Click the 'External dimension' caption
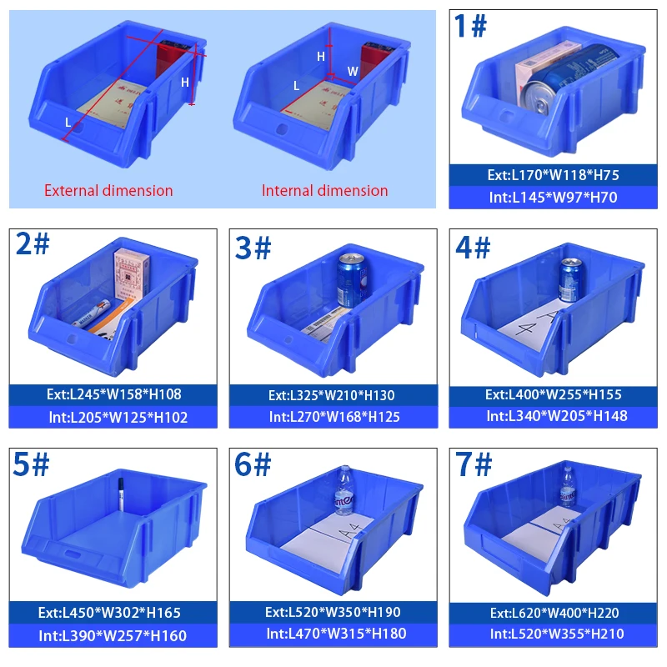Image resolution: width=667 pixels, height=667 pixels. point(108,190)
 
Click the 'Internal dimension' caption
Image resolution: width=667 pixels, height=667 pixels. point(325,190)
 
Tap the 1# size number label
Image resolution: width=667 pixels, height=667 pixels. point(470,27)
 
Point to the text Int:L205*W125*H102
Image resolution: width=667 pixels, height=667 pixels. point(115,416)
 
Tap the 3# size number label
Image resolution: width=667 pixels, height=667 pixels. point(252,248)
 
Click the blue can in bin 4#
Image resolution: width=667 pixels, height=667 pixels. point(570,278)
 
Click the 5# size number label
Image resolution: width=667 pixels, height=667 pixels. point(32,465)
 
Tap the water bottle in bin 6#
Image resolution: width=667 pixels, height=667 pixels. point(344,491)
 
